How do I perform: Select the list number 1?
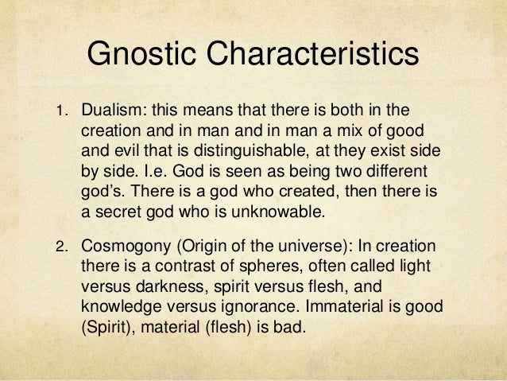[x=58, y=111]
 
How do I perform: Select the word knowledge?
[x=121, y=305]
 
